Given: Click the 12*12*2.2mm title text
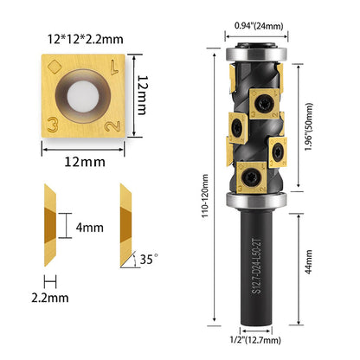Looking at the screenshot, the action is (x=86, y=39).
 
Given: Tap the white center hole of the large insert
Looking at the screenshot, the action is (x=83, y=96).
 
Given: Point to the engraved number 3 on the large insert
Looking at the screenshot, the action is (x=53, y=125).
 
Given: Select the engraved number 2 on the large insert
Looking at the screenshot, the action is (x=112, y=126).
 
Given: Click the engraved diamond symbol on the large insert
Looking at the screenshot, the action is (x=55, y=67).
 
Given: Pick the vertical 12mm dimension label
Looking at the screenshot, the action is (x=142, y=95).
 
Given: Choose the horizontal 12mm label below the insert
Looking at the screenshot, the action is (x=85, y=162).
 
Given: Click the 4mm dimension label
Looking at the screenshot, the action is (x=90, y=228).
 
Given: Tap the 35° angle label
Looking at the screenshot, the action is (x=149, y=259).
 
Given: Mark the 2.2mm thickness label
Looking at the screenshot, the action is (x=50, y=298).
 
